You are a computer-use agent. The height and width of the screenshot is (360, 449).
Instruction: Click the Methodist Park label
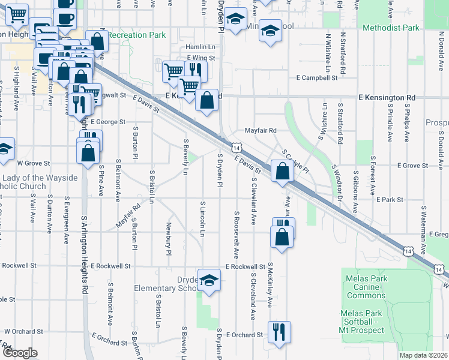[x=393, y=28]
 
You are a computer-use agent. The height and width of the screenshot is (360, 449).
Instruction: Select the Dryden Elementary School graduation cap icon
[x=208, y=280]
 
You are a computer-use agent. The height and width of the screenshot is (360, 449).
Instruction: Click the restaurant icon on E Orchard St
[x=279, y=331]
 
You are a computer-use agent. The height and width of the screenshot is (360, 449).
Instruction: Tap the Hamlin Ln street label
[x=200, y=46]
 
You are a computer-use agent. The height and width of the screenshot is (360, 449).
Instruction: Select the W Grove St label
[x=32, y=163]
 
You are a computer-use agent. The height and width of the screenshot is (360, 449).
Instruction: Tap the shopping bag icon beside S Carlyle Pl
[x=281, y=172]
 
